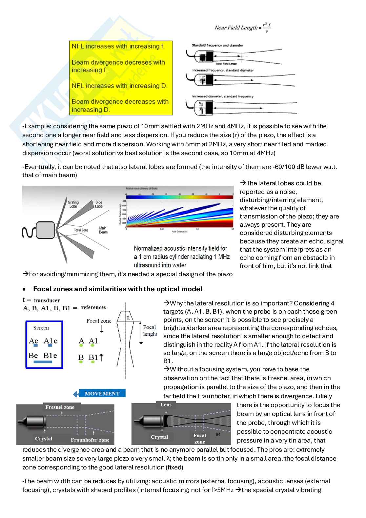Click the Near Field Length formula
click(x=242, y=28)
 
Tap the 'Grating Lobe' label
click(x=73, y=204)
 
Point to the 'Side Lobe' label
click(x=99, y=204)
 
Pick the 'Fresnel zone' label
click(x=60, y=407)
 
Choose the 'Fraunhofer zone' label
click(x=90, y=440)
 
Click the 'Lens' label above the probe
click(x=166, y=405)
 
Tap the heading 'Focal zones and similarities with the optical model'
click(x=117, y=289)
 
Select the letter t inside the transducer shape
click(x=128, y=318)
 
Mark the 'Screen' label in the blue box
click(x=41, y=328)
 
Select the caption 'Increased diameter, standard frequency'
click(x=223, y=96)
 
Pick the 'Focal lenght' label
click(x=150, y=331)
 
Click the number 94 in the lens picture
click(x=218, y=434)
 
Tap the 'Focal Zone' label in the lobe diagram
click(x=81, y=230)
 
